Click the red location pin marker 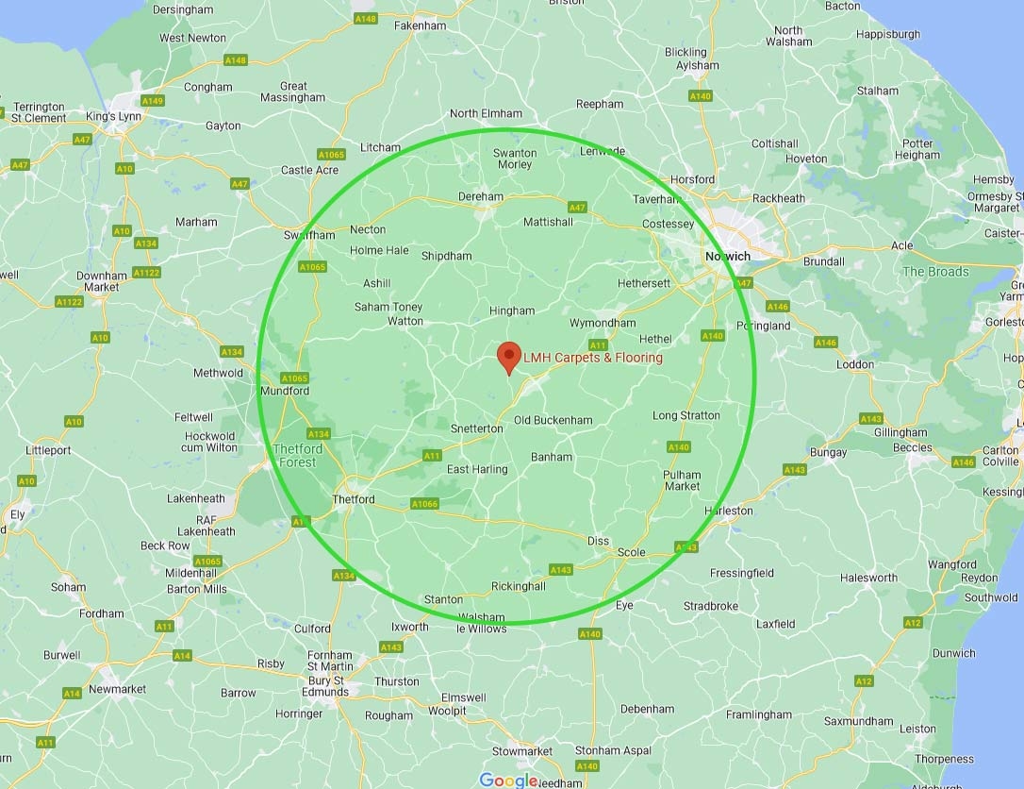point(509,358)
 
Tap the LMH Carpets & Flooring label point(593,358)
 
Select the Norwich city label point(728,257)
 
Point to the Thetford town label point(354,499)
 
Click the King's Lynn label point(113,116)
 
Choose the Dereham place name point(480,197)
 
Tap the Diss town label point(598,541)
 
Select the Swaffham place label point(309,235)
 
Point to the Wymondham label point(603,323)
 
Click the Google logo point(508,780)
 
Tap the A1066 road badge point(424,504)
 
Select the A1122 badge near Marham point(146,273)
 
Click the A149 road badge point(152,101)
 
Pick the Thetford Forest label point(297,456)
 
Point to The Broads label point(935,272)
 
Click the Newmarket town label point(117,689)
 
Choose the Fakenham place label point(420,25)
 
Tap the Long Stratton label point(685,415)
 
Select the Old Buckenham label point(553,420)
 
